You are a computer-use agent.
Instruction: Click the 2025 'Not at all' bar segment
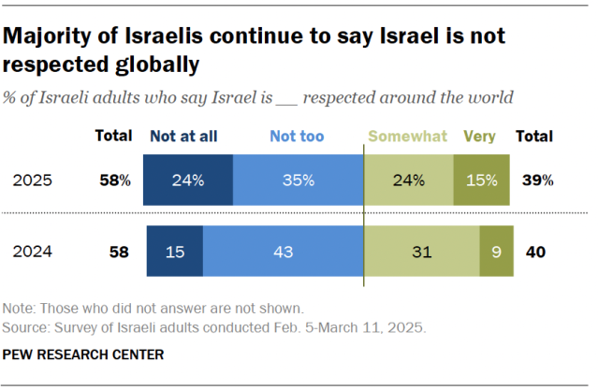(188, 181)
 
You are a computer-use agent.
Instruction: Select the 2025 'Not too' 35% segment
(298, 181)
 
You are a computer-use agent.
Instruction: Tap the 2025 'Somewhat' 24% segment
(408, 181)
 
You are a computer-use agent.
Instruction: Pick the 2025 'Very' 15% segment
(482, 181)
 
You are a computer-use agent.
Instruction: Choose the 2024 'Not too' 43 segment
(283, 251)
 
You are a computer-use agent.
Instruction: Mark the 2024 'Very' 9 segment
(496, 251)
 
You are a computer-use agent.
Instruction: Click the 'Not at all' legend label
(183, 136)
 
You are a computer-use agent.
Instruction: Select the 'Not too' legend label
(297, 136)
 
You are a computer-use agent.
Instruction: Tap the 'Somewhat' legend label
(409, 136)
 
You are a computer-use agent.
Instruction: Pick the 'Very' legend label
(480, 136)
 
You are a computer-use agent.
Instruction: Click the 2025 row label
(34, 181)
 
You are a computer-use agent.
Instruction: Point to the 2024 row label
(34, 251)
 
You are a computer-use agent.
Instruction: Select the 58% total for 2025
(117, 181)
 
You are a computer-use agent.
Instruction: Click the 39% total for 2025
(538, 181)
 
